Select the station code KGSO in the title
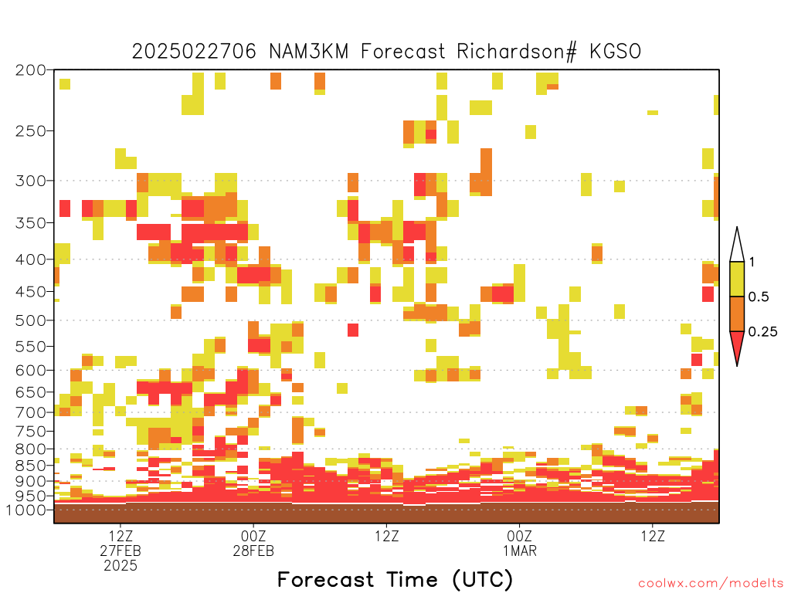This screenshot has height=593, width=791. [616, 52]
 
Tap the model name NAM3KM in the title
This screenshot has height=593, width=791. [309, 52]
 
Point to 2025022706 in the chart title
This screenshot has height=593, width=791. [194, 52]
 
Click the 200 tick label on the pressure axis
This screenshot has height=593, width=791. [31, 70]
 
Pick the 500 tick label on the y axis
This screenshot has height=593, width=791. [31, 320]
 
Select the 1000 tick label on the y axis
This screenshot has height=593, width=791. [25, 510]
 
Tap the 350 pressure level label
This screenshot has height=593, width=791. [31, 222]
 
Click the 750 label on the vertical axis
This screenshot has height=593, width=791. [31, 431]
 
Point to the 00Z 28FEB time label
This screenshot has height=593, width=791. [253, 543]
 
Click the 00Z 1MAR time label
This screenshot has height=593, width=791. [520, 543]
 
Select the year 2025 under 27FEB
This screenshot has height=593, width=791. [121, 566]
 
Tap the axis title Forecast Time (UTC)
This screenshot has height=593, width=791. [395, 580]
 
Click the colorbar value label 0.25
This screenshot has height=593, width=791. [762, 331]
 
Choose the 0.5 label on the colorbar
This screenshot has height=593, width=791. [759, 296]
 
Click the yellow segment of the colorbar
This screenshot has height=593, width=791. [737, 279]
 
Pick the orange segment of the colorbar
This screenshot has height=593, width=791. [737, 313]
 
